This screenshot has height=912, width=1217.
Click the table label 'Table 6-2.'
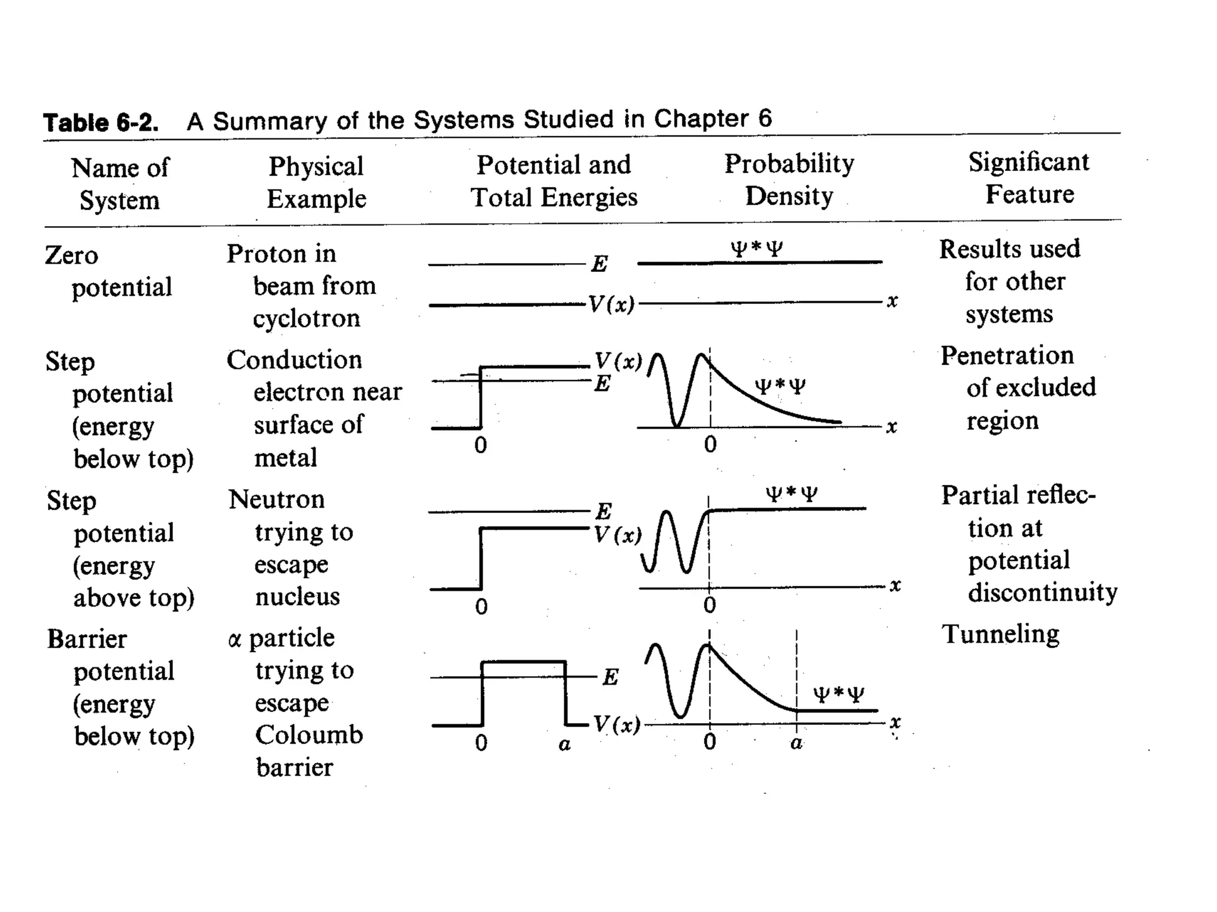click(x=101, y=122)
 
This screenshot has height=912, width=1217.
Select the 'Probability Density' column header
click(x=789, y=179)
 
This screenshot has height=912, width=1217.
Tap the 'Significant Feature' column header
click(x=1029, y=178)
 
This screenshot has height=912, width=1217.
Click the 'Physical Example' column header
click(x=316, y=182)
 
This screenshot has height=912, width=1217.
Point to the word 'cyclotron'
click(x=307, y=319)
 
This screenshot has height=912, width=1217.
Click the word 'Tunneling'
click(x=1001, y=634)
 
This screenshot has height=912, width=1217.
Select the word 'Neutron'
click(x=277, y=499)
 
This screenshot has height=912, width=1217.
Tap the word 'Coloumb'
click(x=309, y=735)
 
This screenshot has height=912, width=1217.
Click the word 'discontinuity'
click(x=1042, y=592)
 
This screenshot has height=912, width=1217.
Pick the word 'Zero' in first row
click(x=71, y=255)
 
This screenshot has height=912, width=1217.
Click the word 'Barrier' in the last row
click(x=87, y=639)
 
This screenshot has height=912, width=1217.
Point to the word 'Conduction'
click(x=295, y=360)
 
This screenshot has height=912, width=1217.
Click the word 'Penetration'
click(x=1007, y=356)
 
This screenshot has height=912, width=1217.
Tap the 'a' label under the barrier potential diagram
click(x=565, y=744)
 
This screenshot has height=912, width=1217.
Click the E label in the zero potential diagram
click(x=600, y=264)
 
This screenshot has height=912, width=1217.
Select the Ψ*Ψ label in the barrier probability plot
click(x=838, y=694)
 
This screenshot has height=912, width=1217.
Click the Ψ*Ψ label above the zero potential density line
click(x=756, y=248)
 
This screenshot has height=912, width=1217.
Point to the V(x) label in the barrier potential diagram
click(x=617, y=724)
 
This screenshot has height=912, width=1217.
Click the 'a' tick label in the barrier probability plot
click(x=796, y=743)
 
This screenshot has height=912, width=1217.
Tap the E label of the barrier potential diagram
click(x=610, y=677)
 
